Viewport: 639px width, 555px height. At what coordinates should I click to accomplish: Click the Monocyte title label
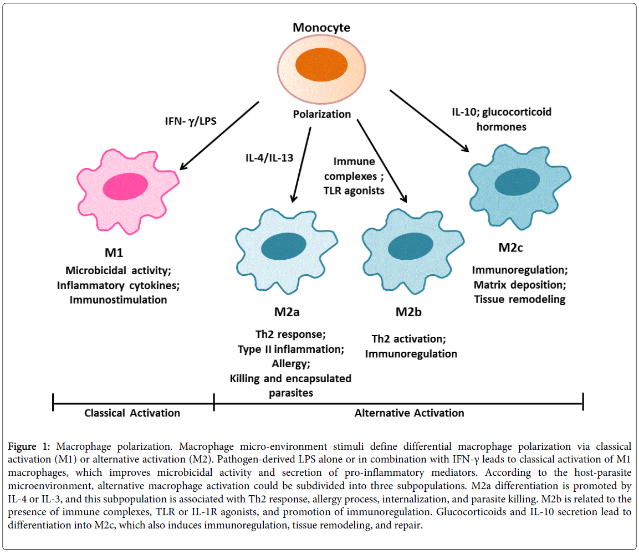click(x=321, y=27)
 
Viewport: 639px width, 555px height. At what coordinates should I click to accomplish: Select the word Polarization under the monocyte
click(x=322, y=114)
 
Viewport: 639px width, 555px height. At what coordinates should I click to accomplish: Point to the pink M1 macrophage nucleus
click(x=126, y=184)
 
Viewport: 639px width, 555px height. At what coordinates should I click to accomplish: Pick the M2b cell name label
click(x=408, y=312)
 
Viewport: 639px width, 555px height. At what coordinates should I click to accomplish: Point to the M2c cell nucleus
click(x=517, y=182)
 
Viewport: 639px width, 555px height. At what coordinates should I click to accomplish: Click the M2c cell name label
click(x=510, y=247)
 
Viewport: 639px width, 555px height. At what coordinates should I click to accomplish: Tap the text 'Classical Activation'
click(x=132, y=413)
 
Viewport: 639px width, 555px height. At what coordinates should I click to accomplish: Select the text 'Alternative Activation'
click(x=410, y=413)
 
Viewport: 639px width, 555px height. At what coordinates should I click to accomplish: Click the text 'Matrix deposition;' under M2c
click(x=519, y=285)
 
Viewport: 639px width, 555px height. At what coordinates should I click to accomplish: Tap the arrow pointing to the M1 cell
click(x=219, y=135)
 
